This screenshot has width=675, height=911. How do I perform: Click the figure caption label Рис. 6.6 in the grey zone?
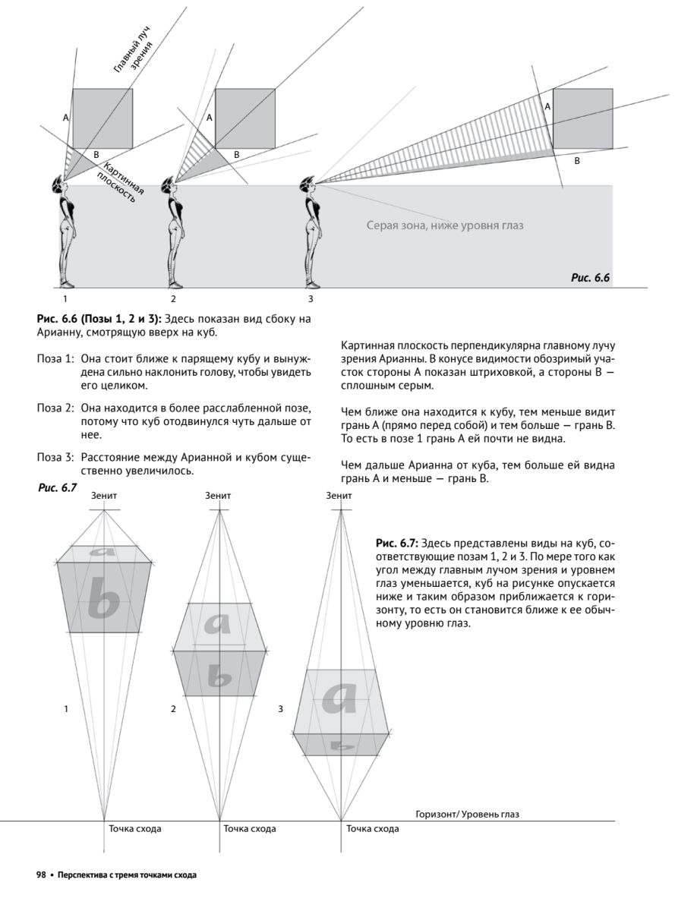591,278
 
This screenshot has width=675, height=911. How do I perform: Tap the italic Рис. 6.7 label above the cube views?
58,488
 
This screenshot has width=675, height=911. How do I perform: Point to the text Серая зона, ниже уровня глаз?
445,225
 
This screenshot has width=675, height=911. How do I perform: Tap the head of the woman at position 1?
60,183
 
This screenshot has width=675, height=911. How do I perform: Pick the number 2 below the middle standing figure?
173,298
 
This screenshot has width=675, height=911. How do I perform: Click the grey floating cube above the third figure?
582,118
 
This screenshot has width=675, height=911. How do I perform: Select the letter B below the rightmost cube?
576,162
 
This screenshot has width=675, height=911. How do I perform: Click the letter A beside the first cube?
66,118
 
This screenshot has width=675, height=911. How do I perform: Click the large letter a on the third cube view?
339,697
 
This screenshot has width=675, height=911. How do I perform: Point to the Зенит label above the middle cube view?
219,495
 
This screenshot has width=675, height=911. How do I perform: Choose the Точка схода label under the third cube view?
373,828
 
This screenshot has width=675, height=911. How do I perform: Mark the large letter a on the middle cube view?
219,624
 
